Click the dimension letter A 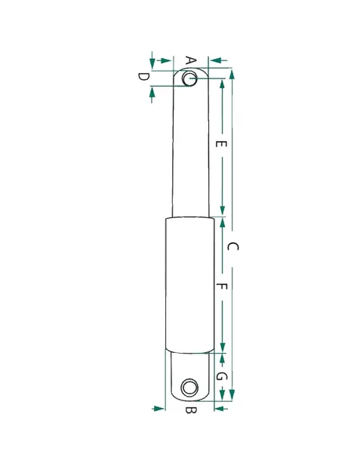click(x=191, y=61)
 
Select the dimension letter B click(x=191, y=409)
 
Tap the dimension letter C click(x=232, y=247)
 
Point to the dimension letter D click(x=143, y=77)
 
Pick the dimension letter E click(x=221, y=144)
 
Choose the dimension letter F click(x=221, y=287)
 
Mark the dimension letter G click(x=221, y=376)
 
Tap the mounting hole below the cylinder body click(x=189, y=388)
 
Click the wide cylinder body click(x=190, y=285)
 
